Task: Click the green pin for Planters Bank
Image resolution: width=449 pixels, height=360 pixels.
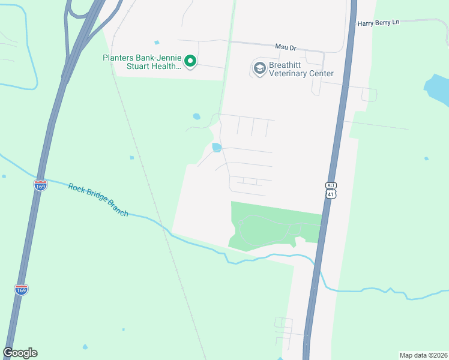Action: (190, 61)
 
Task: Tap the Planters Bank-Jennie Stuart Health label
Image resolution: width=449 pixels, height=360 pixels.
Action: (142, 62)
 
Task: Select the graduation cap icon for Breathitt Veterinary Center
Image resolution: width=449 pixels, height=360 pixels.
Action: (260, 68)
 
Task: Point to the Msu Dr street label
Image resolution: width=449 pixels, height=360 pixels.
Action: (285, 47)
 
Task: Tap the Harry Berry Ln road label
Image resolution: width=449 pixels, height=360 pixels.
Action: (378, 23)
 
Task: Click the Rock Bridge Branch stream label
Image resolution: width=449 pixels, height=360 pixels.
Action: (98, 200)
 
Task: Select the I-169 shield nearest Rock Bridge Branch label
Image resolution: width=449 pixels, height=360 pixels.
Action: (40, 185)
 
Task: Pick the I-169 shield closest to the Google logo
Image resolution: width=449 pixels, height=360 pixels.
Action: (21, 289)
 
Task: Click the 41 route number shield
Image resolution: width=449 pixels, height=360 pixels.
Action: (332, 194)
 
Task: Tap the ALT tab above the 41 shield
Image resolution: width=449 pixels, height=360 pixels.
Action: (332, 185)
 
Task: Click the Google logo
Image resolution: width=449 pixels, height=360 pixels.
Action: (20, 353)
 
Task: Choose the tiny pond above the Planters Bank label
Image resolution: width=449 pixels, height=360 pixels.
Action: (157, 43)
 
